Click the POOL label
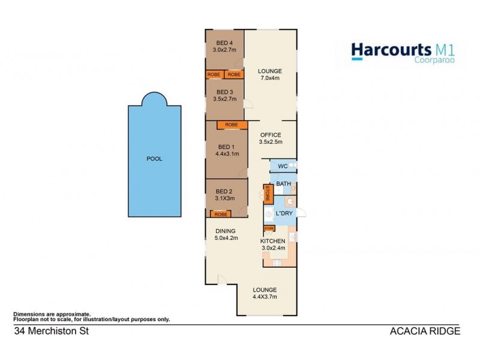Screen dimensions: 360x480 tap(154, 159)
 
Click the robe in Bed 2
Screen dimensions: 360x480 tap(220, 214)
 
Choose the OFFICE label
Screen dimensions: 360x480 tap(270, 135)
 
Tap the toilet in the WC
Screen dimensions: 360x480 tap(291, 166)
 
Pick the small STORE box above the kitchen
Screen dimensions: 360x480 tap(269, 228)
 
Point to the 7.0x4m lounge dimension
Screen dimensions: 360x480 tap(269, 78)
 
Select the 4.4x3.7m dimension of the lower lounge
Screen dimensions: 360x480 tap(264, 296)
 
